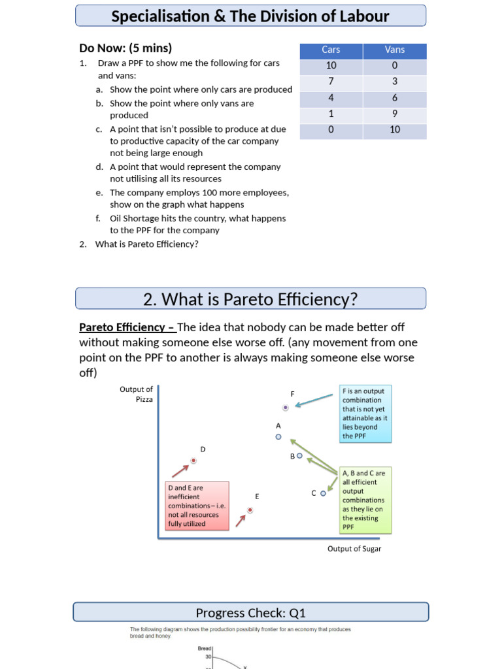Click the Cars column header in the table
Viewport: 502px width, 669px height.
pos(331,50)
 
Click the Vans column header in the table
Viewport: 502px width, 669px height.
pos(395,50)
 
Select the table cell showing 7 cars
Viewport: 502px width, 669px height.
pos(331,82)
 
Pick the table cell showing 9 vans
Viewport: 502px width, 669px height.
pos(395,114)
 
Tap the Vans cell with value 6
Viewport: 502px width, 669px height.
pos(395,97)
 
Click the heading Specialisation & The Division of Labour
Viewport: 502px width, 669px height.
pos(250,16)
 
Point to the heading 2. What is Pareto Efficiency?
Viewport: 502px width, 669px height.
pos(250,299)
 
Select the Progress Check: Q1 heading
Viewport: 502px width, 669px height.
pos(250,613)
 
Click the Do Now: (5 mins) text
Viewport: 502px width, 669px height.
pos(125,48)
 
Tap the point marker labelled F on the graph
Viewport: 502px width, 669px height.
pos(286,407)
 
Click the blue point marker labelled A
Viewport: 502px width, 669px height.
pos(278,436)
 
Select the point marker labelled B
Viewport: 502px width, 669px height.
pos(299,456)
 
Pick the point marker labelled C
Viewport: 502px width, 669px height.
pos(323,493)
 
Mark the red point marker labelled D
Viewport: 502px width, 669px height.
pos(193,461)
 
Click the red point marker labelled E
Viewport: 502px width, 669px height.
pos(250,510)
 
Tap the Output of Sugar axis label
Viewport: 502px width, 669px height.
pos(354,549)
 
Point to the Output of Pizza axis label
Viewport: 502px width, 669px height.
pos(136,394)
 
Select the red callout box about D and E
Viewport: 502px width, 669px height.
pos(197,506)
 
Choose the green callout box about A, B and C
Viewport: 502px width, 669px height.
pos(365,500)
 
